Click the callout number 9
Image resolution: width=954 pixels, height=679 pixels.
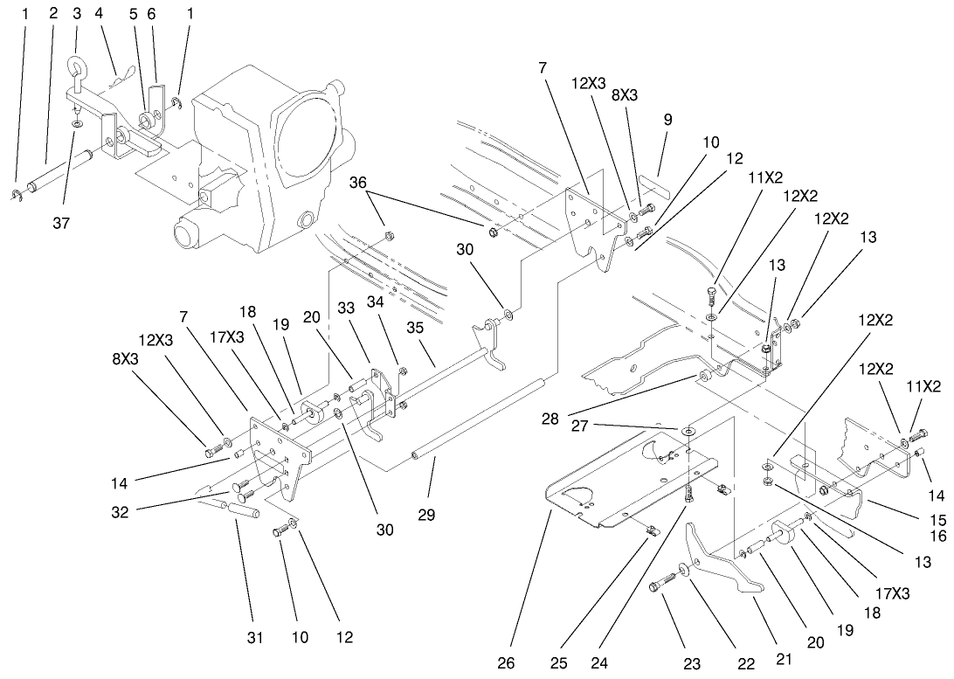(x=667, y=120)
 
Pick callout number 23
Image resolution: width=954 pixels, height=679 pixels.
(x=692, y=663)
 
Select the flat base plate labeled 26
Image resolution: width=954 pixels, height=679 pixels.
(x=612, y=489)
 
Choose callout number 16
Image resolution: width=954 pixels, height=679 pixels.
(x=939, y=537)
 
